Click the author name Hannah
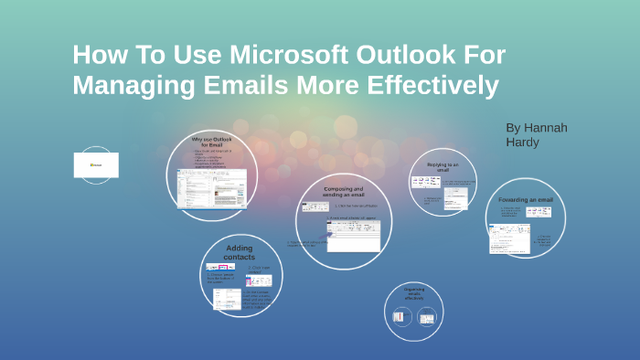(545, 127)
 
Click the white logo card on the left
(96, 165)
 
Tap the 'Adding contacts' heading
(240, 252)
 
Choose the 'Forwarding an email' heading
(526, 199)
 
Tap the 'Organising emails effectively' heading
(414, 293)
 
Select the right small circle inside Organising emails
(426, 317)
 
